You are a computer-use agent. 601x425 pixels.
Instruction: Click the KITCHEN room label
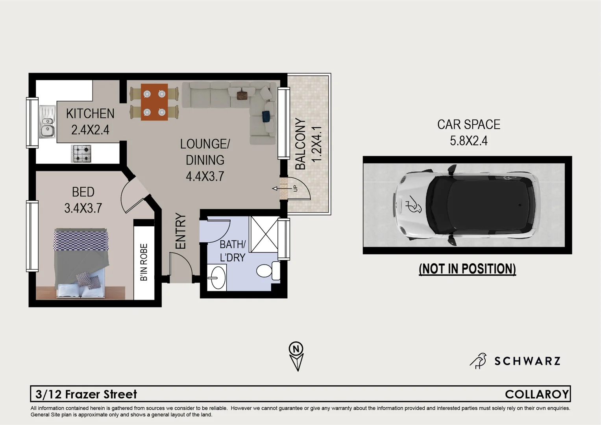(x=90, y=114)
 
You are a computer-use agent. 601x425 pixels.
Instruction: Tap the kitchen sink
(x=47, y=122)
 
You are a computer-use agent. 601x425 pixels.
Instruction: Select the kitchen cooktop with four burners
(x=81, y=153)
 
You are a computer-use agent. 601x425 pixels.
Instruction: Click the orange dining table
(x=154, y=102)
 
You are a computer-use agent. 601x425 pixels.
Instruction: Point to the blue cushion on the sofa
(x=266, y=116)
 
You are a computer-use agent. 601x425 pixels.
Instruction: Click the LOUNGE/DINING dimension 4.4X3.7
(x=205, y=176)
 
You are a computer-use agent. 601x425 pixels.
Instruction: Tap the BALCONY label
(x=300, y=144)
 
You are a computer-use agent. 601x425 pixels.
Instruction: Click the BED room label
(x=83, y=192)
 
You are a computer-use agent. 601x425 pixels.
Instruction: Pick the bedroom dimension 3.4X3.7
(x=83, y=208)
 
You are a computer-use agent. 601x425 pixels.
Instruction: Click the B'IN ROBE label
(x=144, y=262)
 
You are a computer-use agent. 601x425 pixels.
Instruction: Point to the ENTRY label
(x=180, y=231)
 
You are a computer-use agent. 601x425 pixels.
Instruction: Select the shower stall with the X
(x=264, y=234)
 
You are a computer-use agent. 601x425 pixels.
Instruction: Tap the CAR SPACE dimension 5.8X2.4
(x=468, y=140)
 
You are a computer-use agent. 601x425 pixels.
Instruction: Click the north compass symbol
(x=297, y=356)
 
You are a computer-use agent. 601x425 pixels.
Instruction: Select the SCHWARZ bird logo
(x=478, y=360)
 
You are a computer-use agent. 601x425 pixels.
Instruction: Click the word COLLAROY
(x=537, y=394)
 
